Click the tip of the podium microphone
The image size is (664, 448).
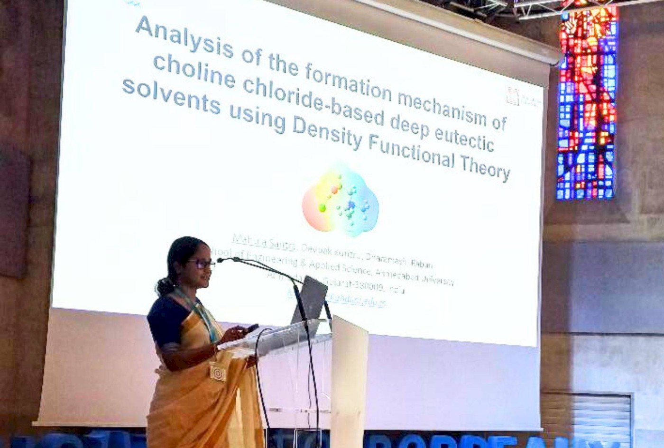pyautogui.click(x=220, y=260)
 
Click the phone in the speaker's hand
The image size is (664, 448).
pyautogui.click(x=251, y=328)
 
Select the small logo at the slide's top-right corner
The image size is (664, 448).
pyautogui.click(x=512, y=95)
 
